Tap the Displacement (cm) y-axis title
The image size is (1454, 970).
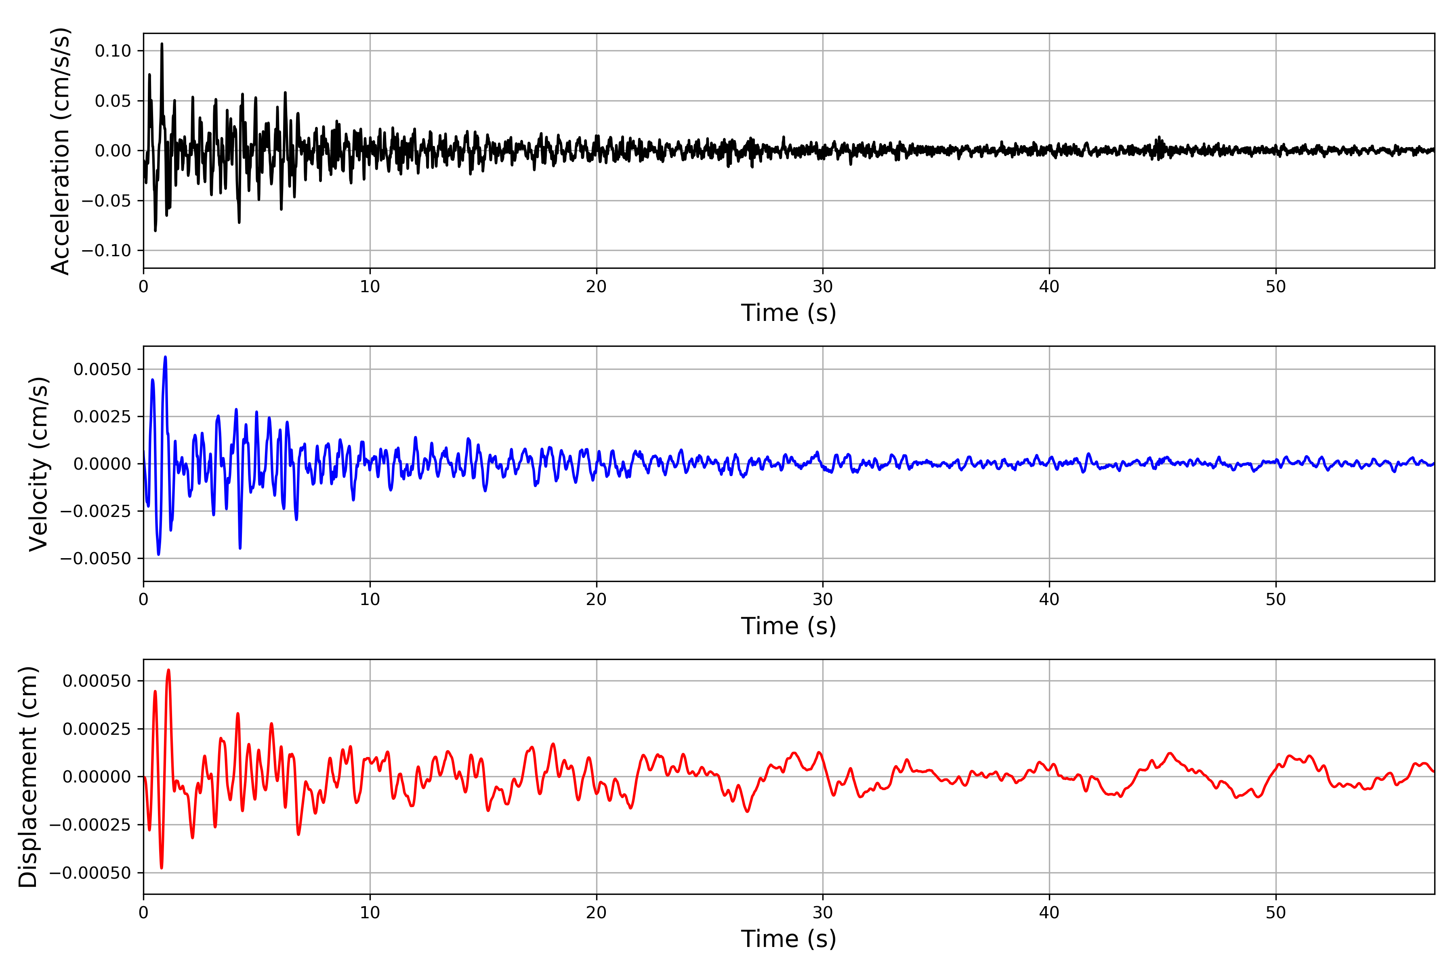28,776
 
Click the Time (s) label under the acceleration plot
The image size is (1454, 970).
788,313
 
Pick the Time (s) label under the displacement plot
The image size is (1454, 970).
788,938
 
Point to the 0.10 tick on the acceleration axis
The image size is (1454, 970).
113,51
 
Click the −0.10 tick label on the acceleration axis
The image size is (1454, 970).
106,251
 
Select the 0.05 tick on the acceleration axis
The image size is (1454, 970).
113,101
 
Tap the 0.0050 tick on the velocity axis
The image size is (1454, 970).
103,369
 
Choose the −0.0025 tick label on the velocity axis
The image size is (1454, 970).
96,511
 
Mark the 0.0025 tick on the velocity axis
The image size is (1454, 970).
103,416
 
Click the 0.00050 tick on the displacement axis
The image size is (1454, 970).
97,681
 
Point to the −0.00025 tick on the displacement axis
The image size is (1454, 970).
90,824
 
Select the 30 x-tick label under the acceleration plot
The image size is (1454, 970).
823,287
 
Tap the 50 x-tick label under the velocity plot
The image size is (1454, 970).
1275,599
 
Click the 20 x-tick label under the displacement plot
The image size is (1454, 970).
597,913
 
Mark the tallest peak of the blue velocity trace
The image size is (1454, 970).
165,357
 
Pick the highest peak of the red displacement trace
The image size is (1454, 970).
168,670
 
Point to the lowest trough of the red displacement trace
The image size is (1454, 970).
161,868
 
